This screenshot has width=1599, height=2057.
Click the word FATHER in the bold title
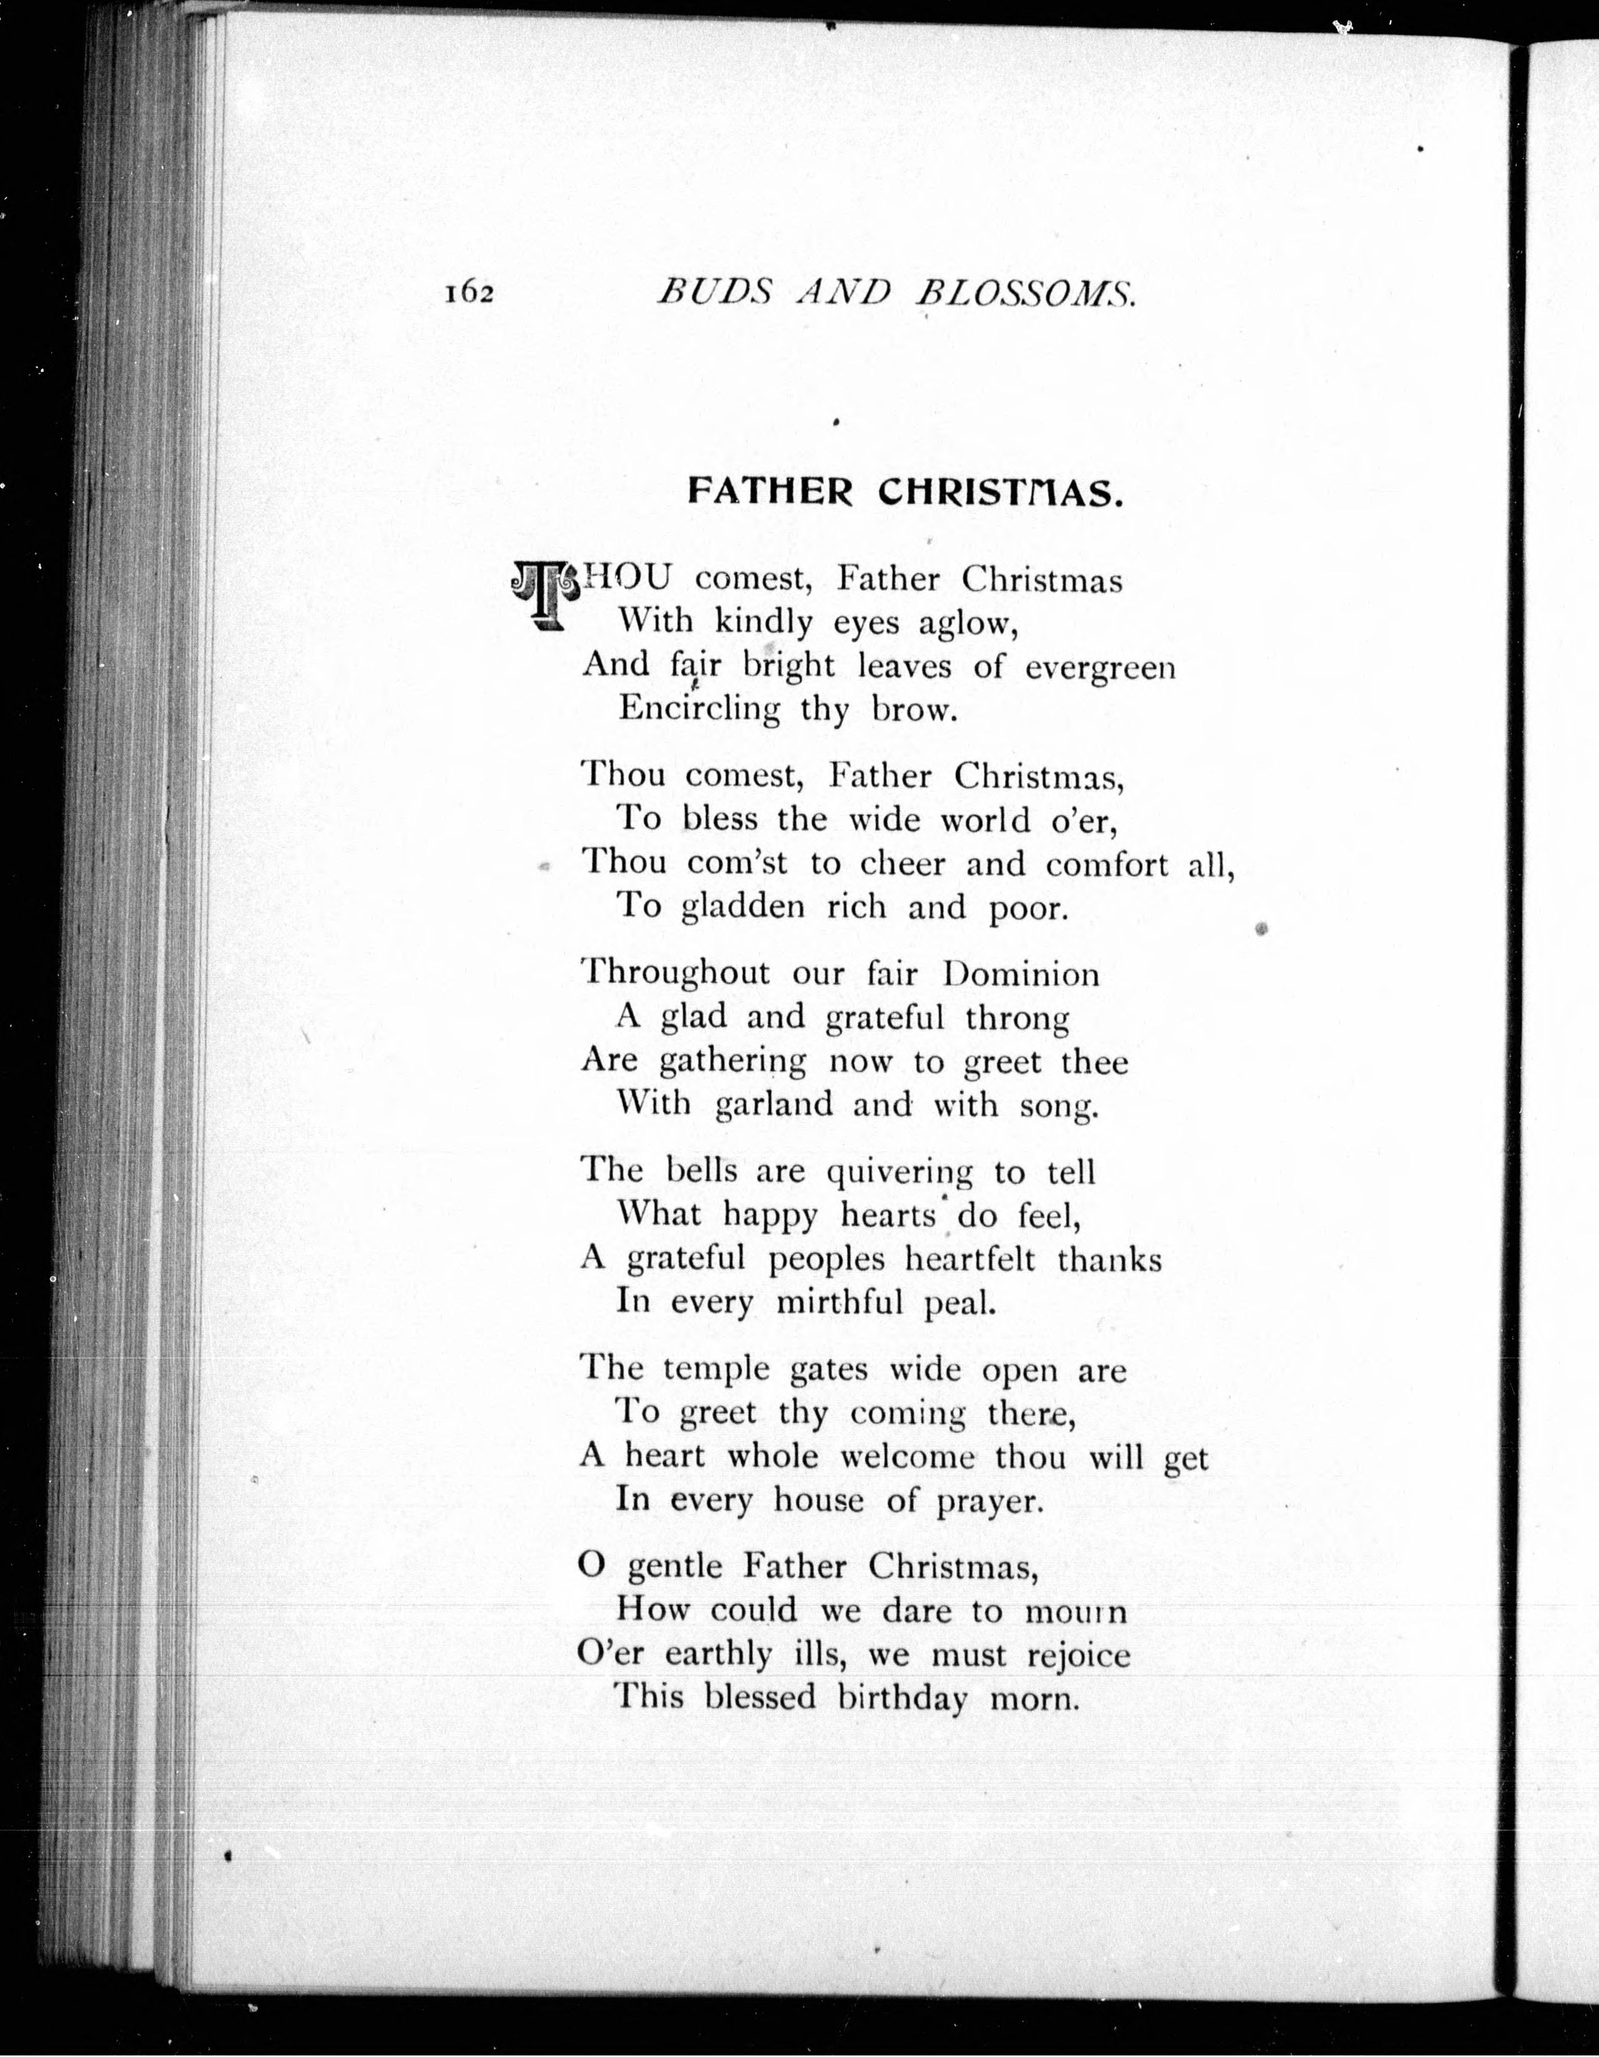pyautogui.click(x=770, y=492)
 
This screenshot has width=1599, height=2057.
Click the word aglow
pyautogui.click(x=968, y=623)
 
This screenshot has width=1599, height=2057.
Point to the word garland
pyautogui.click(x=774, y=1104)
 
